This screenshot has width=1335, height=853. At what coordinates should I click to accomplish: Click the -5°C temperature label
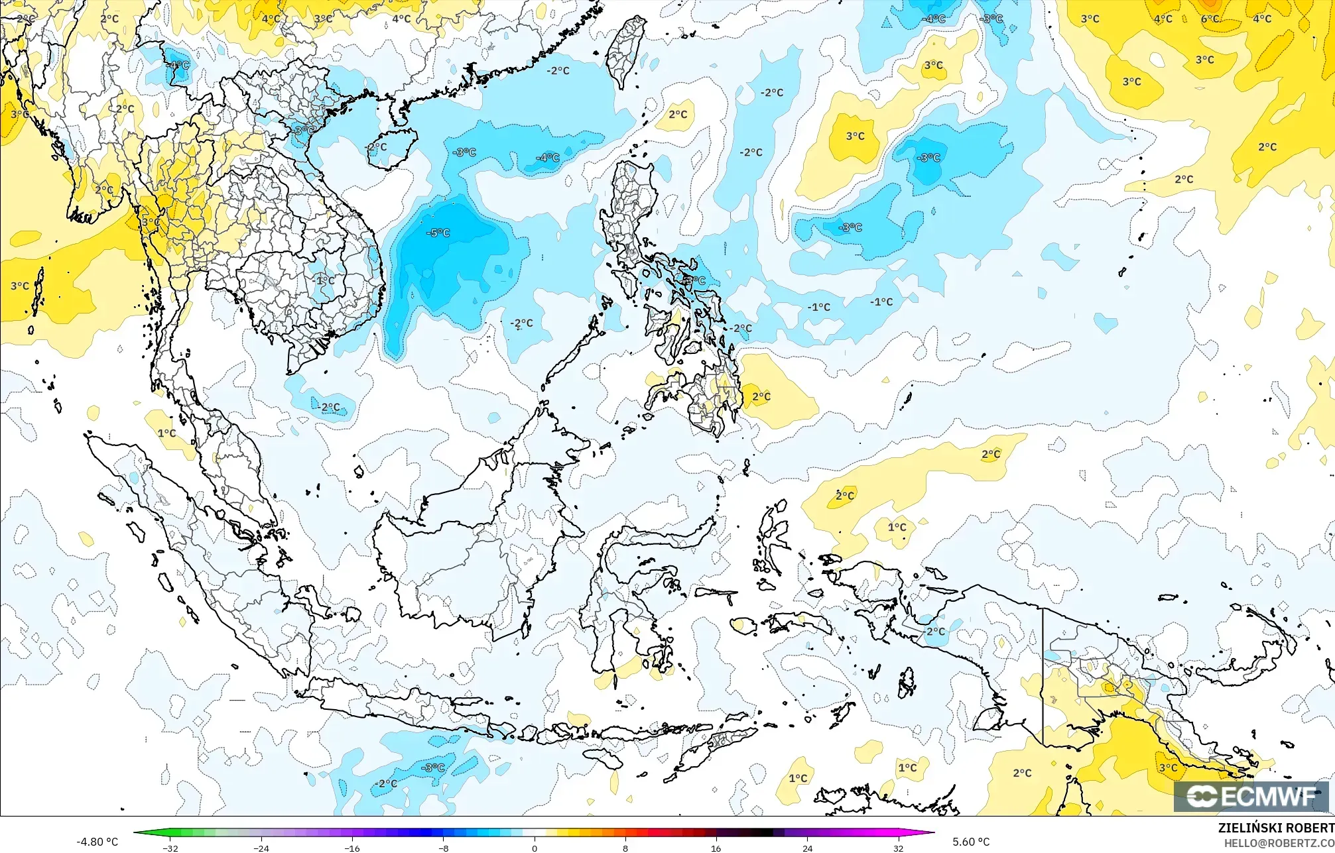tap(438, 233)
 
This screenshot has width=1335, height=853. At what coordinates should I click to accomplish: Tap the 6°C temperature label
tap(1210, 19)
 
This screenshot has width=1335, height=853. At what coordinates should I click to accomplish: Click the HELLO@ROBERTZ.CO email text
tap(1279, 842)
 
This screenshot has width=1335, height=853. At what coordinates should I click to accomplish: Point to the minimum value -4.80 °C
tap(97, 842)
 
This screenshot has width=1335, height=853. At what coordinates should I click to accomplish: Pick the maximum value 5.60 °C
tap(971, 842)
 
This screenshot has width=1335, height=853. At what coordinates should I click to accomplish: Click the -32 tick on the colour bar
tap(170, 848)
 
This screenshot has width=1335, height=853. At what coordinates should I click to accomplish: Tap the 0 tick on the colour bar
tap(535, 848)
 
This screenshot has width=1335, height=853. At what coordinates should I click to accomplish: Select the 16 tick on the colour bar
tap(716, 848)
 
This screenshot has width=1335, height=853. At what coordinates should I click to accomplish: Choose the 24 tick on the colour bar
tap(807, 848)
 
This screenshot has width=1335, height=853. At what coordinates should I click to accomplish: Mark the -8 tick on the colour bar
tap(444, 848)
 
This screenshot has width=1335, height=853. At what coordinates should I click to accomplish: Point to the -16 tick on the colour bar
tap(352, 848)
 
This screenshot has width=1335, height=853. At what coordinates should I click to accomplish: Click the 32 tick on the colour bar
tap(898, 848)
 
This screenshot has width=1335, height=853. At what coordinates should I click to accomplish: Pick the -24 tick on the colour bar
tap(261, 848)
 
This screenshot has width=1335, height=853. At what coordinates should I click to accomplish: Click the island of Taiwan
tap(626, 50)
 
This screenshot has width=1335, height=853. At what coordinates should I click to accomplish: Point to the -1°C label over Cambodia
tap(324, 280)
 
